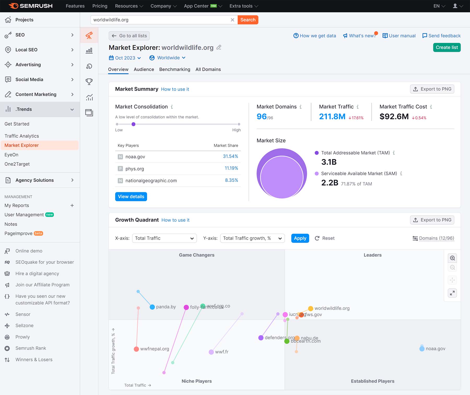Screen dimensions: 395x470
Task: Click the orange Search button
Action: (x=248, y=20)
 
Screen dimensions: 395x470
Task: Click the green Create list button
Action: (x=446, y=48)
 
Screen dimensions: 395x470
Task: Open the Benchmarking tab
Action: (x=174, y=70)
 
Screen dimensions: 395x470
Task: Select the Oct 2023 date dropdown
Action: (x=125, y=58)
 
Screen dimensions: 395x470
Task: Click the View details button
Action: (x=131, y=197)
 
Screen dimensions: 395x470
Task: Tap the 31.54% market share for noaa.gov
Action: (x=230, y=156)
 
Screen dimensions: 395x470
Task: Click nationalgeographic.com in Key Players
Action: (x=151, y=181)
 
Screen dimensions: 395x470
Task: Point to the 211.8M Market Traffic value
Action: (x=332, y=117)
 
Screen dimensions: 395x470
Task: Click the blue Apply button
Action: (x=300, y=238)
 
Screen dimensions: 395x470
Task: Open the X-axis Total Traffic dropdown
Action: (x=164, y=238)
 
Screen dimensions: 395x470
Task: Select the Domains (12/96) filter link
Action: (x=436, y=238)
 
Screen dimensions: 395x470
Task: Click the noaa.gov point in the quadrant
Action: (x=422, y=348)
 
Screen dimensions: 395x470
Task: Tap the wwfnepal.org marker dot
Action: (x=136, y=349)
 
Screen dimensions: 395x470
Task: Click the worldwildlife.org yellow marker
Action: (x=310, y=308)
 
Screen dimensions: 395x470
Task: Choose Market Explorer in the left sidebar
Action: (x=22, y=145)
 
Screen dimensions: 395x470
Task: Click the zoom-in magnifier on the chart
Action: (x=452, y=258)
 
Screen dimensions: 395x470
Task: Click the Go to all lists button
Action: (x=129, y=36)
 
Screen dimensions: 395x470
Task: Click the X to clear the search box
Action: (x=232, y=20)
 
